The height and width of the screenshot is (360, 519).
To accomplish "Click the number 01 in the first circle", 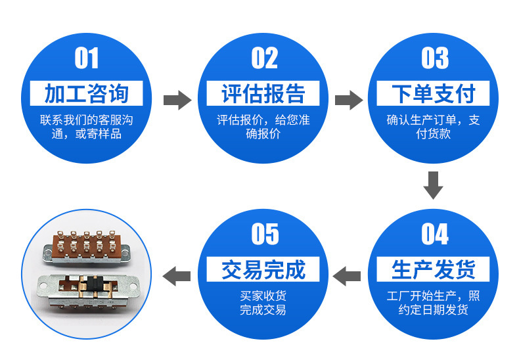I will click(x=87, y=58).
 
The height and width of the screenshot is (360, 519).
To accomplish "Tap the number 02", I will click(x=264, y=58).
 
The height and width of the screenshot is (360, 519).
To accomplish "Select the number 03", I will click(x=434, y=58).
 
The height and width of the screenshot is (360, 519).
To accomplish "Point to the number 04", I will click(x=434, y=234).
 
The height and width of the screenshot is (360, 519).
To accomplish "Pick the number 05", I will click(x=264, y=234).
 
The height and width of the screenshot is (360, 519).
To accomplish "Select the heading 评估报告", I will click(x=263, y=94).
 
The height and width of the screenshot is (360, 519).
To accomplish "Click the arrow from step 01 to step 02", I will click(x=176, y=100).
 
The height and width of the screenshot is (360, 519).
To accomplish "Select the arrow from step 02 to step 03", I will click(x=348, y=100).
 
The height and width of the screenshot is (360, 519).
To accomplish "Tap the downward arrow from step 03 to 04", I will click(x=433, y=185).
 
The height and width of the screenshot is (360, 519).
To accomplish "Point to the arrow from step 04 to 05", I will click(x=348, y=275).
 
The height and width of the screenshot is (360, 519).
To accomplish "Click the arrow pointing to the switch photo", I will click(x=176, y=275).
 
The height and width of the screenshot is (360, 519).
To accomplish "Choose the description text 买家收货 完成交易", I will click(x=263, y=303).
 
